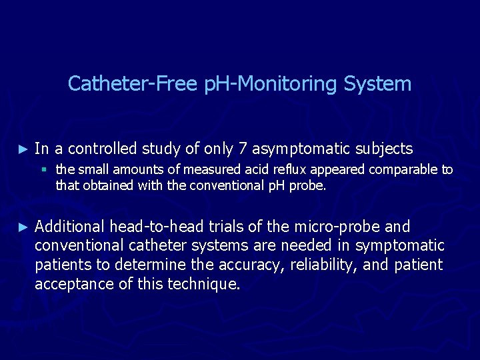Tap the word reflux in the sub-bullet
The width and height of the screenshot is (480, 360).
point(281,169)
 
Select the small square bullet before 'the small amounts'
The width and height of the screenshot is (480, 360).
point(46,169)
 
